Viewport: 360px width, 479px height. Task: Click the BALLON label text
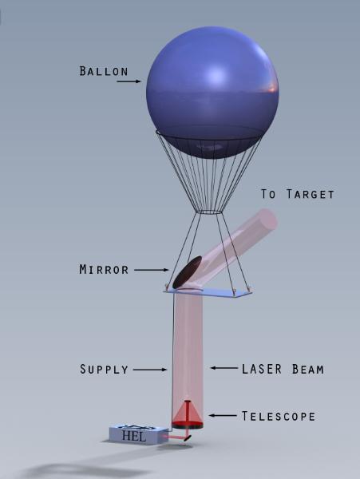click(104, 71)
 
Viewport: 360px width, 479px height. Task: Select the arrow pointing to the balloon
click(129, 81)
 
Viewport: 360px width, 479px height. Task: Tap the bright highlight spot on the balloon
click(216, 74)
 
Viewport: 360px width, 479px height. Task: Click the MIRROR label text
click(104, 270)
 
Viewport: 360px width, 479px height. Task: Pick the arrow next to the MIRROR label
click(151, 270)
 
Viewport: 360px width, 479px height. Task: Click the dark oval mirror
click(187, 272)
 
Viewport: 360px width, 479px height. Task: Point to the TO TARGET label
click(298, 194)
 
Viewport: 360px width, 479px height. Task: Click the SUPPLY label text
click(104, 369)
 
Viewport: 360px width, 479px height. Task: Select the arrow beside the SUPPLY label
click(150, 370)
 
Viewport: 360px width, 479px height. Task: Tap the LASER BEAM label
click(283, 369)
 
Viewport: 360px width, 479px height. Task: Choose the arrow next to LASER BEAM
click(224, 368)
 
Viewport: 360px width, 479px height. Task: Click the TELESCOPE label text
click(278, 416)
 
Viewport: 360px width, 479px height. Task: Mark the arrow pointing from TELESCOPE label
click(222, 415)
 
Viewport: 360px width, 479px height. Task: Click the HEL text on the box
click(134, 436)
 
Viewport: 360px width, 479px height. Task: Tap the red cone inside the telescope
click(187, 413)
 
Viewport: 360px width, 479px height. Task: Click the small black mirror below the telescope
click(188, 438)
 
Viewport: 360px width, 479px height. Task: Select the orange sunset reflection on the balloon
click(271, 89)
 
